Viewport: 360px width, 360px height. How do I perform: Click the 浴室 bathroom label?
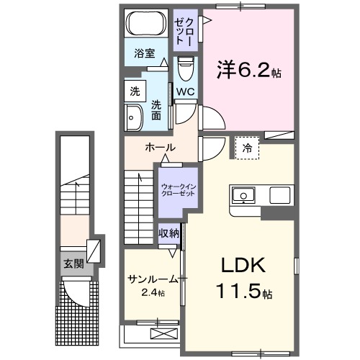145,53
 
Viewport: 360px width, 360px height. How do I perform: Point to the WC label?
184,91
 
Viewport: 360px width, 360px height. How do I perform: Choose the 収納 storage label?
169,233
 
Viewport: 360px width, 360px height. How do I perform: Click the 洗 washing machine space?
135,91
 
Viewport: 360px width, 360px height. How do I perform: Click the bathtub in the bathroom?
146,24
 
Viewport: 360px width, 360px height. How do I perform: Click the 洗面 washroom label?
156,109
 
